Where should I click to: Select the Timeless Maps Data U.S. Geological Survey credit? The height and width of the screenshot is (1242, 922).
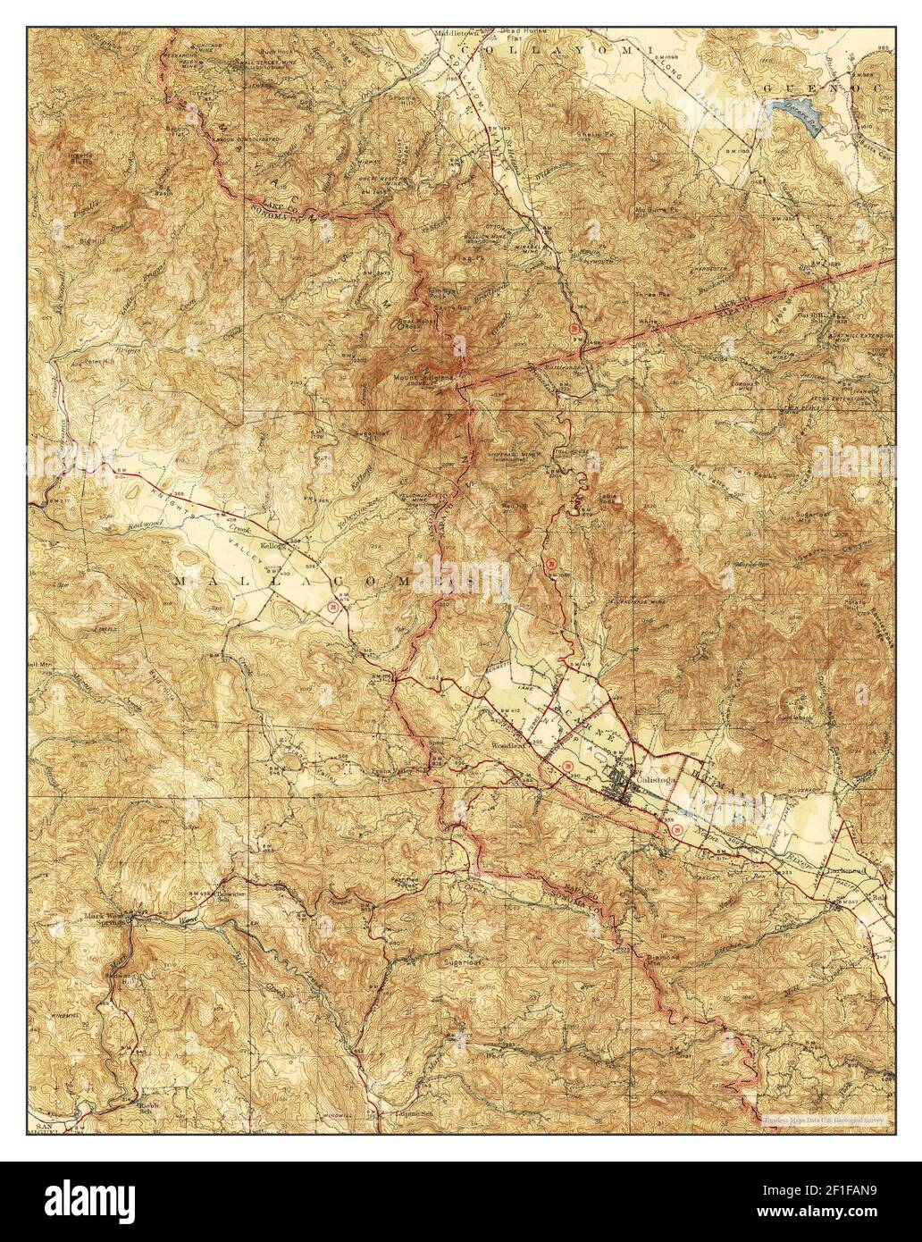823,1119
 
